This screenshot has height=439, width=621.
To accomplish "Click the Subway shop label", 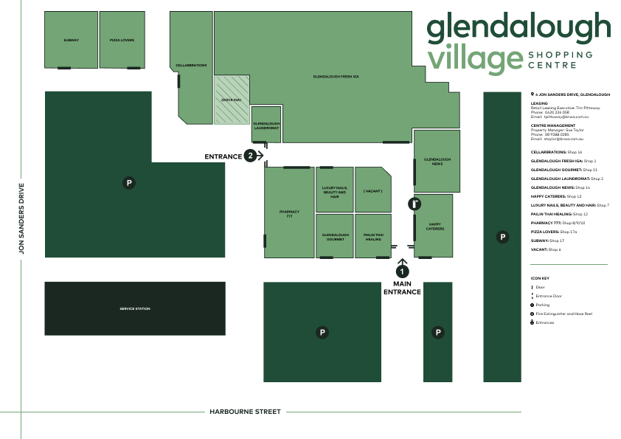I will pos(71,40).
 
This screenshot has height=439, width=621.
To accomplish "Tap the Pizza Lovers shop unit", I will pos(122,40).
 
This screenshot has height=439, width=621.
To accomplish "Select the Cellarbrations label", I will pos(191,65).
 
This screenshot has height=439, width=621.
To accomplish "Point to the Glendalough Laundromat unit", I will pos(266,126).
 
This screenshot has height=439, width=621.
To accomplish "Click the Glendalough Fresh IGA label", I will pos(336,76).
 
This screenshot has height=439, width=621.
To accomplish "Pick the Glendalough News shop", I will pos(437,161).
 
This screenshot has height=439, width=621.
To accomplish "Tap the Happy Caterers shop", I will pos(434,227).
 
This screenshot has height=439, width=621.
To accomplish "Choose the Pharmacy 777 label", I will pos(289,213).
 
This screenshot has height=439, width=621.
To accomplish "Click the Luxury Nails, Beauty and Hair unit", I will pos(334,192).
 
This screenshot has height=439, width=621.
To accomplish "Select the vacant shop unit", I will pos(372,190).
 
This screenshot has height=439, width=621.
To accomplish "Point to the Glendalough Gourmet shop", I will pos(334,237).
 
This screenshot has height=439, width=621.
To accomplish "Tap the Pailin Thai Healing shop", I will pos(372,237).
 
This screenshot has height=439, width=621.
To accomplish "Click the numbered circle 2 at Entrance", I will pos(251,156).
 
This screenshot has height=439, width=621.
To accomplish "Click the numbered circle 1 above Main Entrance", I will pos(403,272).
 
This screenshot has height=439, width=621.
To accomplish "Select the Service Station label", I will pos(135,308).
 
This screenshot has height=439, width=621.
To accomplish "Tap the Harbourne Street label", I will pos(245,412).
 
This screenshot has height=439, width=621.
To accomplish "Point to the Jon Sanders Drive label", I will pos(22,218).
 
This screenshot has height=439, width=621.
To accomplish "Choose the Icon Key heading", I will pos(540,278).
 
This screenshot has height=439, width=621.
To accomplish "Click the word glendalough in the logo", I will pos(518,27).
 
